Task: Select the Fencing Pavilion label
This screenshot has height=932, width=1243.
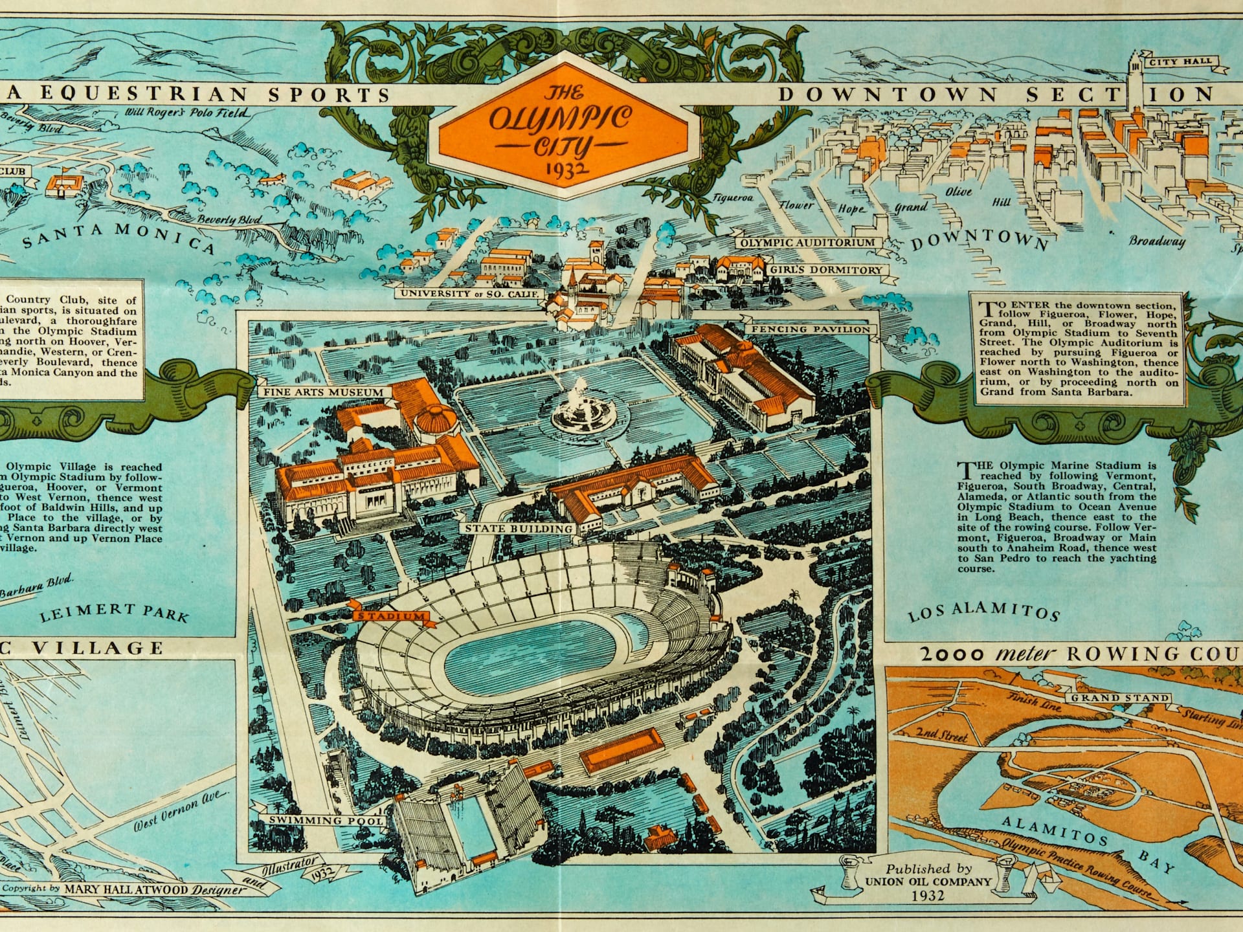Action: pyautogui.click(x=810, y=329)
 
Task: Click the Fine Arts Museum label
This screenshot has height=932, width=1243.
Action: pyautogui.click(x=323, y=392)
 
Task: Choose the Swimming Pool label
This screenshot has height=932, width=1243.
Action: pyautogui.click(x=326, y=820)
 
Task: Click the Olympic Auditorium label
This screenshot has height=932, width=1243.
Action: pyautogui.click(x=807, y=243)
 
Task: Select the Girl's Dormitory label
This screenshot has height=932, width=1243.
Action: pyautogui.click(x=825, y=270)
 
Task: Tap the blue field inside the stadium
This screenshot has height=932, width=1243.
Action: pyautogui.click(x=531, y=654)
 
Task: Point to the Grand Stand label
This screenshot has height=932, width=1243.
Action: pyautogui.click(x=1119, y=698)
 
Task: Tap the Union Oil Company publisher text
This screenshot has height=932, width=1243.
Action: pyautogui.click(x=928, y=882)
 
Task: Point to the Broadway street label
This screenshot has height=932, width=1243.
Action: pyautogui.click(x=1156, y=241)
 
